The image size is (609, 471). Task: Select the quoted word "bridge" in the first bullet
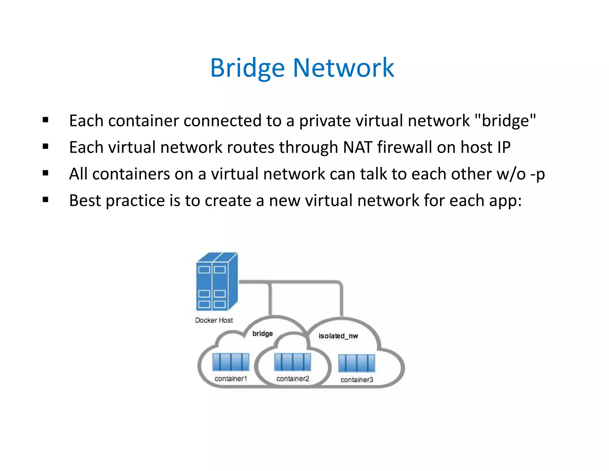505,121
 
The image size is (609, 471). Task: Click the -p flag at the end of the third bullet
538,174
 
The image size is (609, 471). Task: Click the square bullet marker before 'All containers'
45,173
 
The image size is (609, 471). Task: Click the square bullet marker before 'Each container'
45,120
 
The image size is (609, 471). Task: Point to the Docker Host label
214,320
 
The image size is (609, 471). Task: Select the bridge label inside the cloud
263,333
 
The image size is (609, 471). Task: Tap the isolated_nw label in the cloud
338,336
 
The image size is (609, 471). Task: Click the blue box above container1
231,362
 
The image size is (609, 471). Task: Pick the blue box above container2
293,362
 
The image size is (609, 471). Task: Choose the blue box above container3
357,363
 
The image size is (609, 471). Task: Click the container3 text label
357,380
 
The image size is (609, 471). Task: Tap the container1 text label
231,379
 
